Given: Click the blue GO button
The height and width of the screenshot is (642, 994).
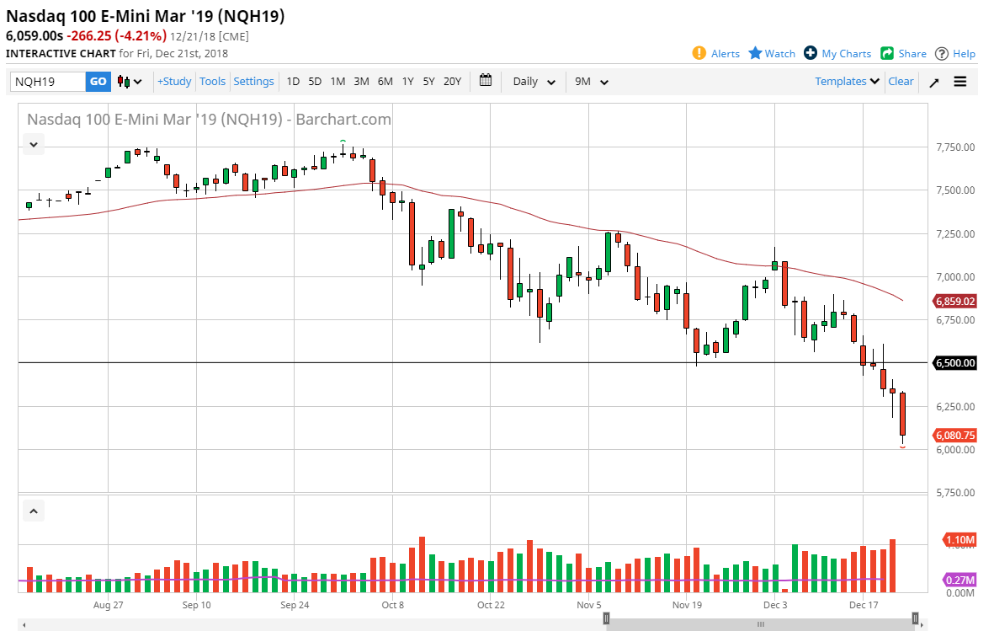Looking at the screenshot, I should pyautogui.click(x=98, y=82).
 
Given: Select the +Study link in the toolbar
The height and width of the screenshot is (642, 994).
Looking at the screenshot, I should pyautogui.click(x=174, y=82).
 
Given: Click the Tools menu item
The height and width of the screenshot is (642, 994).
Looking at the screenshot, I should pyautogui.click(x=212, y=82).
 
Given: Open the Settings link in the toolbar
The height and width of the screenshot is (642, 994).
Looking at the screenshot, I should pyautogui.click(x=253, y=82).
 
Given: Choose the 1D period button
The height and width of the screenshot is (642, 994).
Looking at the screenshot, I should pyautogui.click(x=293, y=82).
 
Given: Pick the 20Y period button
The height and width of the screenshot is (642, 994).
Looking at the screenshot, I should pyautogui.click(x=452, y=82).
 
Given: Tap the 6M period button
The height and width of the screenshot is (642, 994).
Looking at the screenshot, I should pyautogui.click(x=385, y=82).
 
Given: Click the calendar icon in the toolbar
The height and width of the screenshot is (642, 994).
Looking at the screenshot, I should pyautogui.click(x=486, y=81).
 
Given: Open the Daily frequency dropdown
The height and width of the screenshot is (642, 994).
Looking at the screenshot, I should pyautogui.click(x=534, y=82).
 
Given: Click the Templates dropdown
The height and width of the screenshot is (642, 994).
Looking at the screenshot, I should pyautogui.click(x=847, y=82).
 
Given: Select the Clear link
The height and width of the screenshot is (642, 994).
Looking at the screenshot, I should pyautogui.click(x=901, y=82).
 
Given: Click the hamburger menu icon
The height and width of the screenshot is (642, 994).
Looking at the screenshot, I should pyautogui.click(x=960, y=82).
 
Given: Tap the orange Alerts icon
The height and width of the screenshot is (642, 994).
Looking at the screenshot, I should pyautogui.click(x=699, y=53).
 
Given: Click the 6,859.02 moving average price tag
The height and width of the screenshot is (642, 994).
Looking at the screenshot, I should pyautogui.click(x=954, y=301).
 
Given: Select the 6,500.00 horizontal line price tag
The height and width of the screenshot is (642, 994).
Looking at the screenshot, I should pyautogui.click(x=954, y=363).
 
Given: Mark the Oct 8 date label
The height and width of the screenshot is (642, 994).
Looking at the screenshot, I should pyautogui.click(x=393, y=605).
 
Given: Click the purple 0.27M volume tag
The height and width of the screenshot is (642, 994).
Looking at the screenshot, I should pyautogui.click(x=960, y=580).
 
